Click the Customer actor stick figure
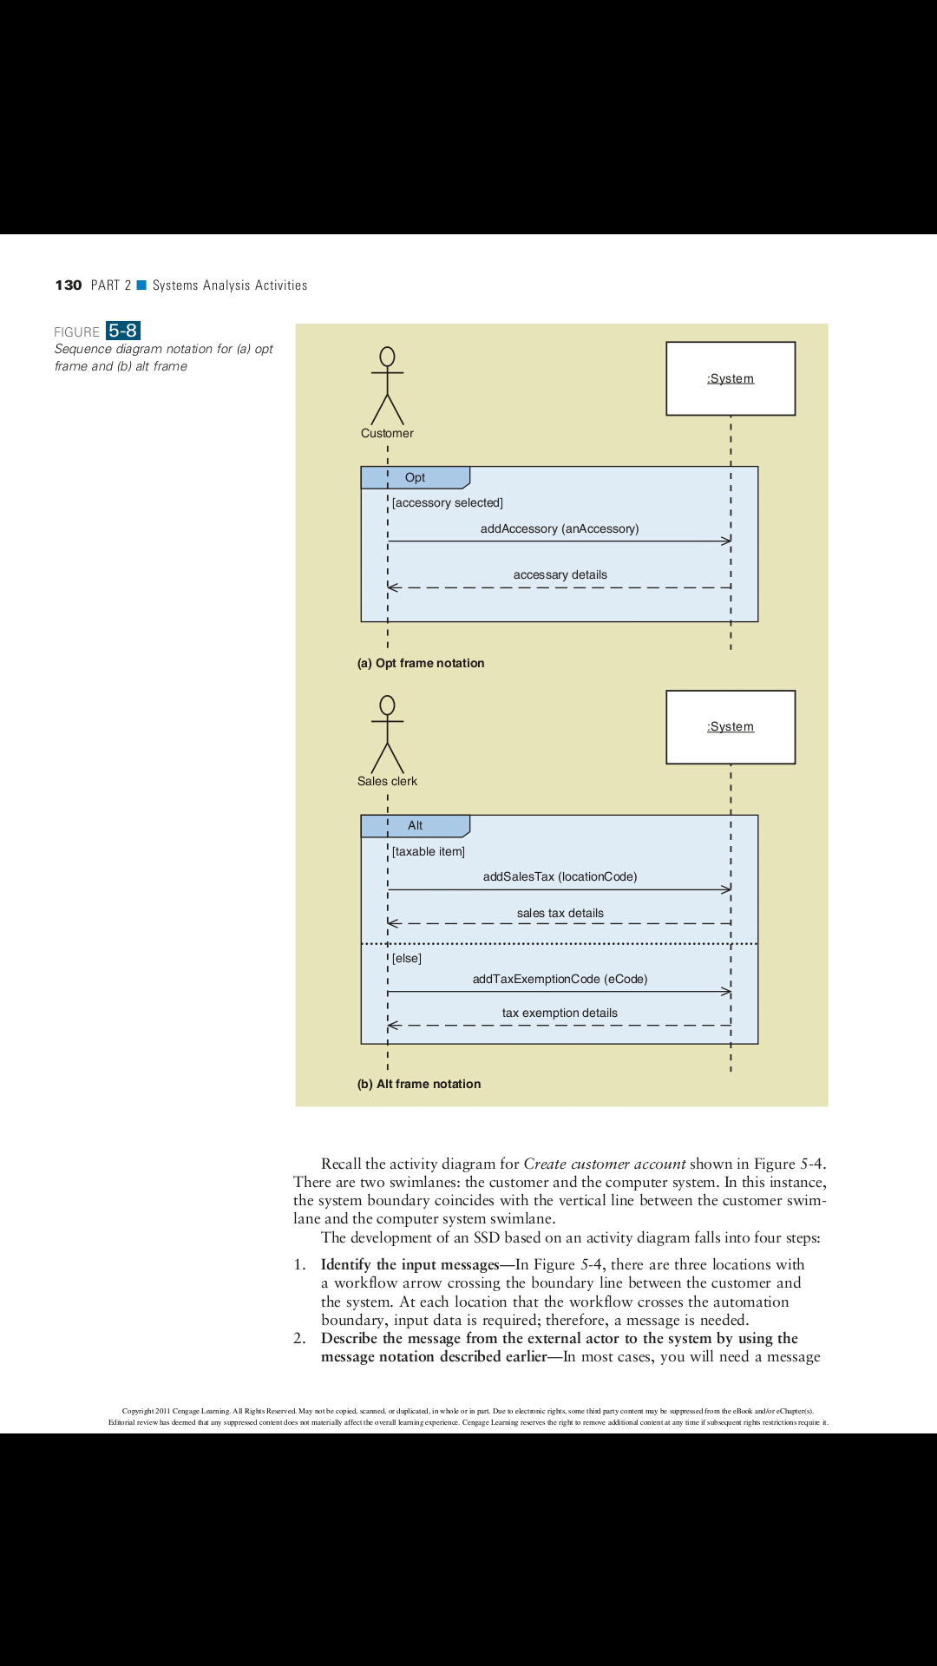click(x=387, y=387)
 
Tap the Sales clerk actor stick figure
click(x=387, y=735)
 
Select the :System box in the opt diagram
click(x=731, y=378)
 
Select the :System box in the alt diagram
click(x=731, y=727)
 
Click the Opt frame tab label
click(x=415, y=477)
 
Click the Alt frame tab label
click(x=415, y=825)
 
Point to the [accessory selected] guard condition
click(x=448, y=502)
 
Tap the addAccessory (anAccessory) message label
click(x=560, y=528)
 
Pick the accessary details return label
click(x=560, y=574)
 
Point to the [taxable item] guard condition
click(x=429, y=851)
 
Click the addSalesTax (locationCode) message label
click(x=560, y=876)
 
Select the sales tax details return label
click(x=560, y=913)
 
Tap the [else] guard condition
click(x=407, y=958)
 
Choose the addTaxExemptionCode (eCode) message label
click(x=560, y=979)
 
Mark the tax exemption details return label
click(x=560, y=1013)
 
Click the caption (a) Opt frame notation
click(x=421, y=663)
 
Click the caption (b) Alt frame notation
click(x=419, y=1084)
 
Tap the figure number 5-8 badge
click(x=123, y=331)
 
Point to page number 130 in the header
click(x=69, y=285)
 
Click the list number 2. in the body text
click(x=299, y=1338)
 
